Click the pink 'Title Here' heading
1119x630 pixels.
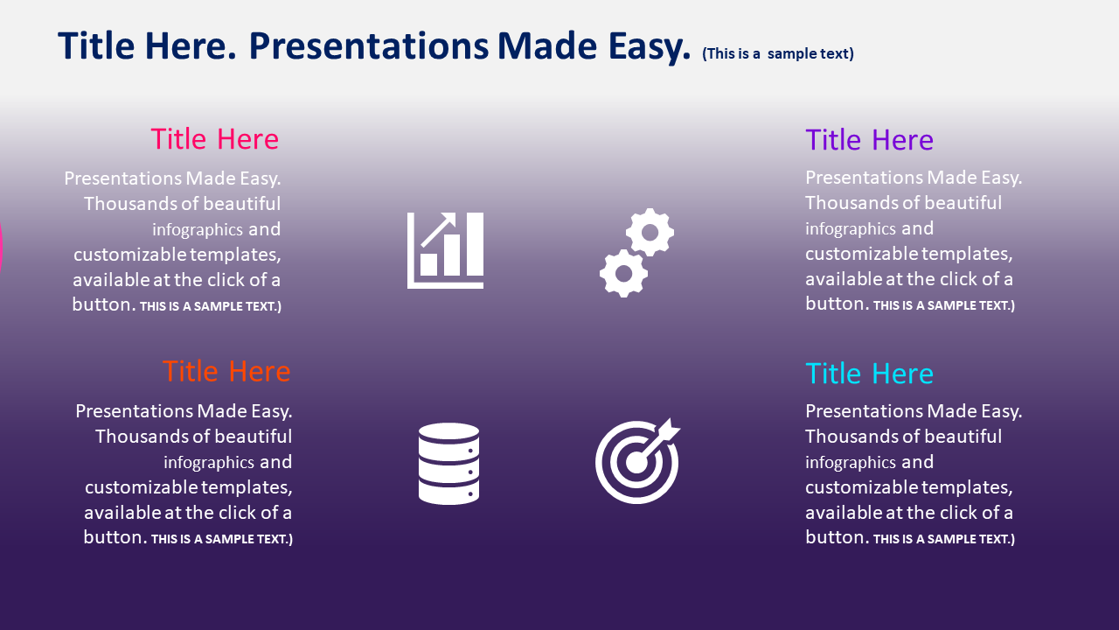tap(215, 138)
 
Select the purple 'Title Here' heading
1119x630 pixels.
tap(869, 139)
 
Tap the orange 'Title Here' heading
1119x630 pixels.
tap(226, 371)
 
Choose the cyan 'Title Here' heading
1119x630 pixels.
tap(869, 373)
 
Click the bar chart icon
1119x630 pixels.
tap(445, 250)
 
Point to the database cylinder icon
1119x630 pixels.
tap(448, 464)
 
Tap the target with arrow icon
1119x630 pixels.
tap(637, 461)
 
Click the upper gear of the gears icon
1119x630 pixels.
tap(650, 233)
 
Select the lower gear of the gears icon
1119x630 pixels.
tap(624, 274)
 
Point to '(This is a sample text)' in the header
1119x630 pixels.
tap(778, 53)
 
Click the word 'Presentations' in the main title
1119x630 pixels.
tap(369, 46)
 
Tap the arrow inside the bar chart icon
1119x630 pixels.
tap(439, 230)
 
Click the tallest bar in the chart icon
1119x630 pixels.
tap(475, 244)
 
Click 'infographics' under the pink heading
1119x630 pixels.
tap(198, 229)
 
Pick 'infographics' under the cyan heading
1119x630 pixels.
tap(851, 462)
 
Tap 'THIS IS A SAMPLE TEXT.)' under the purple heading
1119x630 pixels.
tap(944, 305)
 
